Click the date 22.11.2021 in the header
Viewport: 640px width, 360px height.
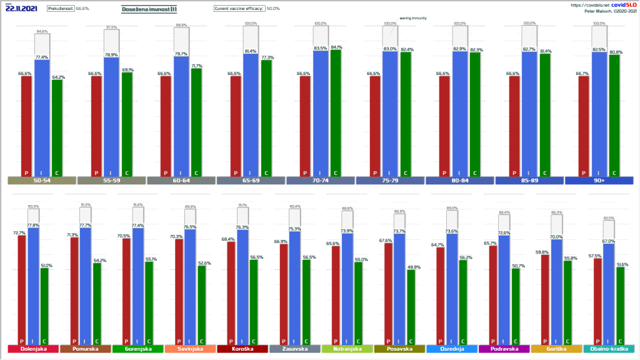(x=20, y=9)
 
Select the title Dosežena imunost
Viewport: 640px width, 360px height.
(x=148, y=9)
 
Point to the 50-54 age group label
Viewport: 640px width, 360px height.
(x=42, y=181)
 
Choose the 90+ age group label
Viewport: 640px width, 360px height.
(x=599, y=181)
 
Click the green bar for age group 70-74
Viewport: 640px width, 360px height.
(x=336, y=112)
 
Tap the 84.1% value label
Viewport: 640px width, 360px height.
(x=336, y=47)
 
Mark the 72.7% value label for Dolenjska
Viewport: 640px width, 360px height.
(x=21, y=232)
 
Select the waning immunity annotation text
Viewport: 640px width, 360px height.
(x=413, y=19)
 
